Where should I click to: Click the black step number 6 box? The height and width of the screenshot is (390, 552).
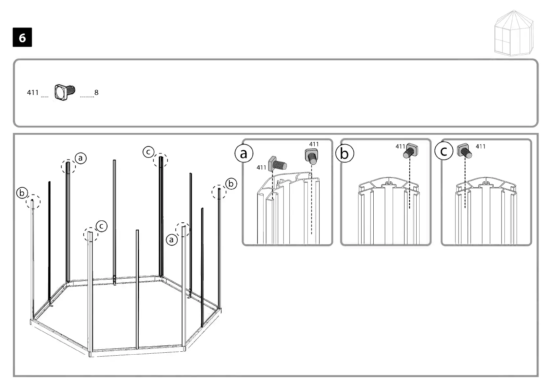pos(22,37)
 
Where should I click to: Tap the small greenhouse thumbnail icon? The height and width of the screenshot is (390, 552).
pos(514,33)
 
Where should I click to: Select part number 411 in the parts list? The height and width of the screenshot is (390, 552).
pos(33,93)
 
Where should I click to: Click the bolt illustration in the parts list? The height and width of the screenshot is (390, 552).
pos(65,92)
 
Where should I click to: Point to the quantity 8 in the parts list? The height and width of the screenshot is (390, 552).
pos(96,93)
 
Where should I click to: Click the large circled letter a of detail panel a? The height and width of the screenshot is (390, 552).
pos(244,153)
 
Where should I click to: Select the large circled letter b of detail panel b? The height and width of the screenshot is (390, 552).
pos(345,153)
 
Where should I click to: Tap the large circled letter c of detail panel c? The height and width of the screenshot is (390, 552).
pos(444,151)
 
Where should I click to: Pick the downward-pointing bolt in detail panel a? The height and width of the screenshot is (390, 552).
pos(312,157)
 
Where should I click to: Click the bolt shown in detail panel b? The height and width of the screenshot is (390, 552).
pos(410,151)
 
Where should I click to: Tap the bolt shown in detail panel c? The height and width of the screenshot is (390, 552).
pos(464,151)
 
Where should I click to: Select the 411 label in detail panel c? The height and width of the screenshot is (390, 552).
pos(480,146)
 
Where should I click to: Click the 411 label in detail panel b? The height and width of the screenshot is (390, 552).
pos(400,146)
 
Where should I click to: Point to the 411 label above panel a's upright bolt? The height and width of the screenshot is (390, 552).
pos(314,144)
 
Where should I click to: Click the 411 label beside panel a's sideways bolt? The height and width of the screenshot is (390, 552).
pos(261,168)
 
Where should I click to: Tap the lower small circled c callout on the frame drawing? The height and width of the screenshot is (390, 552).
pos(102,226)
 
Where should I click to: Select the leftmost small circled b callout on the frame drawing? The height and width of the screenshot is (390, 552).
pos(22,193)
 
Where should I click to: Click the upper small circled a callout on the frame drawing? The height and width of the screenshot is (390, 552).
pos(81,158)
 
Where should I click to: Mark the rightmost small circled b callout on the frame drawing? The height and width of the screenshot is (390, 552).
pos(231,184)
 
